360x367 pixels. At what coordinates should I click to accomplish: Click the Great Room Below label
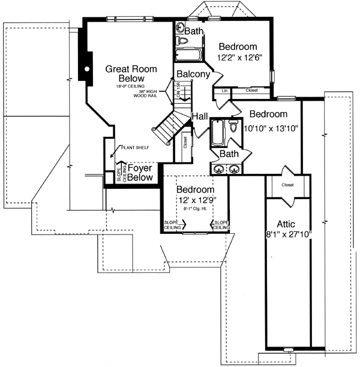126,73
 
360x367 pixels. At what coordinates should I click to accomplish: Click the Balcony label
193,74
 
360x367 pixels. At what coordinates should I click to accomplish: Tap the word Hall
200,116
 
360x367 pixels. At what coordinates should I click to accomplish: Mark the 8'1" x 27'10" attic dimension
287,235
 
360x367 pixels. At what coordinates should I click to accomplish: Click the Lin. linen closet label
225,91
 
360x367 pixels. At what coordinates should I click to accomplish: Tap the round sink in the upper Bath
181,27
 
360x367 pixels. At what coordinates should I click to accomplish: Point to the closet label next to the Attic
287,185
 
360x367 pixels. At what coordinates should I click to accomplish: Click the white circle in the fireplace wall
87,69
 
